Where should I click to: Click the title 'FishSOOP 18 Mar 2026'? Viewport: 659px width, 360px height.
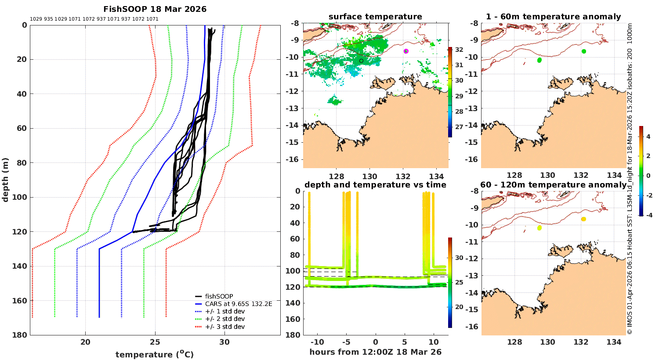point(155,9)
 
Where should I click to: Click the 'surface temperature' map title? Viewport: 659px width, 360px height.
point(375,17)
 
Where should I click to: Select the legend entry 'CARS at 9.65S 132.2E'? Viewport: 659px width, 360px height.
point(239,304)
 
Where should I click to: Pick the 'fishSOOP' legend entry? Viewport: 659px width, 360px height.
point(219,296)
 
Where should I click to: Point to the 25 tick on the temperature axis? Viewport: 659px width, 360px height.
point(155,342)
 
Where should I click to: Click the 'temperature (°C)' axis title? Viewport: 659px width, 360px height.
point(155,354)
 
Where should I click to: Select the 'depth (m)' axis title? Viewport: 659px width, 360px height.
point(5,180)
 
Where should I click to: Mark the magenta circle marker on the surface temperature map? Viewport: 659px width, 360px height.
point(406,51)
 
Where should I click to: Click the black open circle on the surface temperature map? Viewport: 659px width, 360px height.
point(361,61)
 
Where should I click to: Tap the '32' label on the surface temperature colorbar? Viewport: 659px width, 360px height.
point(459,50)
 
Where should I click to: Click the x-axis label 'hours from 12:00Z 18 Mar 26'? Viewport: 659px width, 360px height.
point(375,352)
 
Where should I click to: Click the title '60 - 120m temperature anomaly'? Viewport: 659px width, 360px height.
point(553,185)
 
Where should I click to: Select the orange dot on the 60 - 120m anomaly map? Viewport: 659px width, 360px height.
point(583,219)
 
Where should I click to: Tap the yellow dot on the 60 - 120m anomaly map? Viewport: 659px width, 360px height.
point(540,228)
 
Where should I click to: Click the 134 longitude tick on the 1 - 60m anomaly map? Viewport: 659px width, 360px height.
point(614,175)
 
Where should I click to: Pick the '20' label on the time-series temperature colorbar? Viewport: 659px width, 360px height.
point(459,307)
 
